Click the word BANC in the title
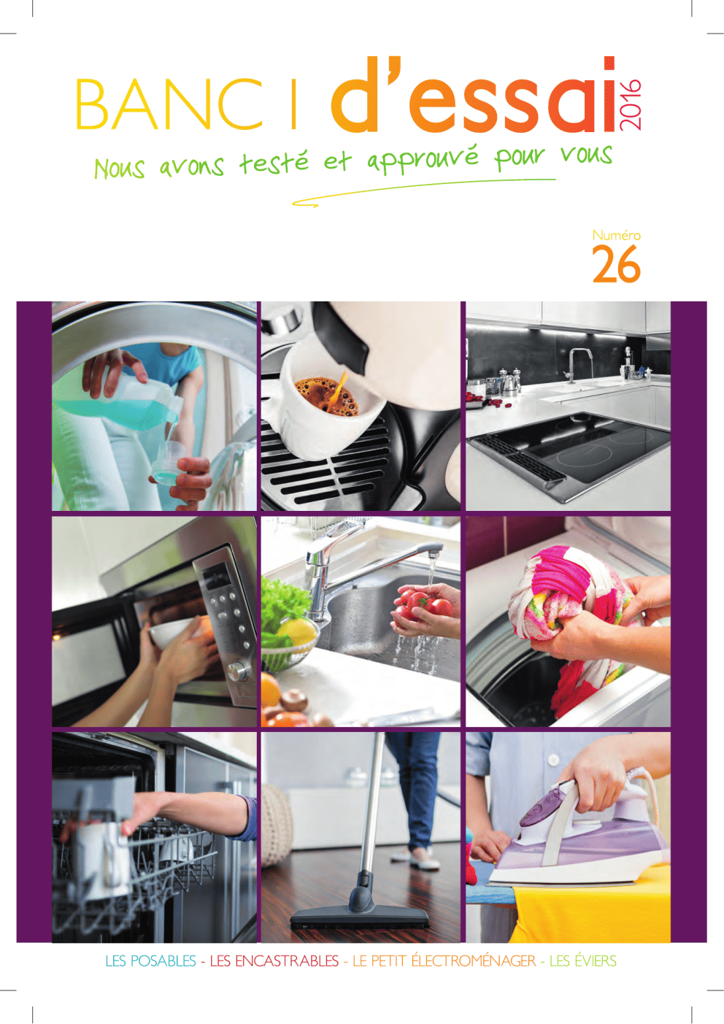click(x=169, y=104)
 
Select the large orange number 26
click(x=616, y=264)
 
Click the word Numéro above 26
click(x=616, y=236)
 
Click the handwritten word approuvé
click(x=423, y=160)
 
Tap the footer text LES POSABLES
click(x=150, y=961)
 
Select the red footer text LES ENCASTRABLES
click(x=274, y=961)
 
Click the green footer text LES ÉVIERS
click(x=582, y=961)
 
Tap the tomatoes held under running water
click(x=423, y=604)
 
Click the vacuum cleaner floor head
click(x=361, y=915)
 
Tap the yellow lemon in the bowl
click(x=298, y=633)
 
